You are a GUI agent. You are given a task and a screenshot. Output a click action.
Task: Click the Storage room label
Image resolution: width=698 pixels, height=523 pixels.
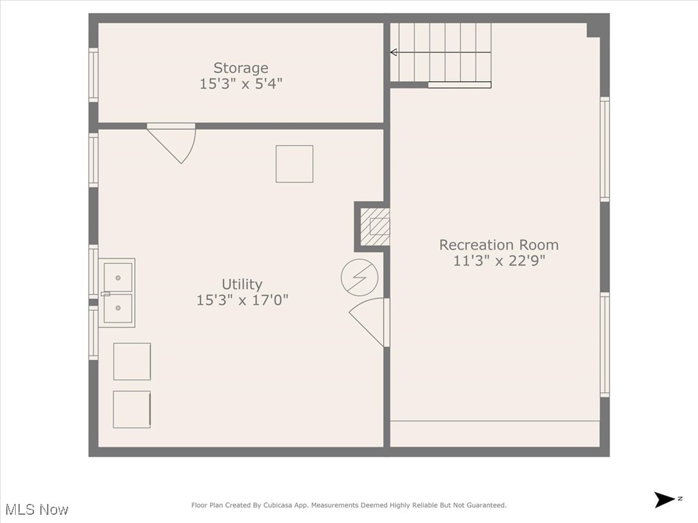coord(241,68)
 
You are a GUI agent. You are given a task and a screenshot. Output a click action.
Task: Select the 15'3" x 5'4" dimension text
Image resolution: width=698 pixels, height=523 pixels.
coord(241,84)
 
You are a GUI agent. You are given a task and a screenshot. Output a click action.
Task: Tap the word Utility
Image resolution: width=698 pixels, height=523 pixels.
coord(242,284)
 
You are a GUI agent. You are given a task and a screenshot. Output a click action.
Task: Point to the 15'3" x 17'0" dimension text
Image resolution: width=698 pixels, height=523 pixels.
coord(242,300)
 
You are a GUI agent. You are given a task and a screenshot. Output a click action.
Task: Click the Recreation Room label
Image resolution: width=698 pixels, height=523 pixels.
coord(498,244)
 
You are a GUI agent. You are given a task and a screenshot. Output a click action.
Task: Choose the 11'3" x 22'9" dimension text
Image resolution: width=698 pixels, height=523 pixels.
coord(498,260)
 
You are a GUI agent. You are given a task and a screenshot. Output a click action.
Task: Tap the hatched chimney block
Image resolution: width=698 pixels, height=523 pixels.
coord(375,226)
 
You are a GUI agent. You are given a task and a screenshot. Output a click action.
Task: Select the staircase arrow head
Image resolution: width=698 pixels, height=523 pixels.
coord(394,52)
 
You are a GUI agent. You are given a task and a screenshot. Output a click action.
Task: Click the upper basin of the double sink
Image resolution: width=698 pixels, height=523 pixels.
coord(118,277)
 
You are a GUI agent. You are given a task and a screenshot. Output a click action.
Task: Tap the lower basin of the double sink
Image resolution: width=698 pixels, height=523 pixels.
coord(118,308)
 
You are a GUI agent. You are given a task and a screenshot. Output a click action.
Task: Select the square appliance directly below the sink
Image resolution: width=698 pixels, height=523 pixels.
coord(132,361)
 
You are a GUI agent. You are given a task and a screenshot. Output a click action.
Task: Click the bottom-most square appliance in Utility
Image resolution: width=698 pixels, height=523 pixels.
coord(132,409)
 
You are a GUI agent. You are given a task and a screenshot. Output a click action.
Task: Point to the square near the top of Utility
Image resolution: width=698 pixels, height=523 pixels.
coord(294,164)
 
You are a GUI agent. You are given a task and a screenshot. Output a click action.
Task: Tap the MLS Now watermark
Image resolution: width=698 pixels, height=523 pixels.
coord(36,509)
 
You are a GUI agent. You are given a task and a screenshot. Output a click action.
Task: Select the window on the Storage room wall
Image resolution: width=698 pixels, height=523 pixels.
coord(93,74)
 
